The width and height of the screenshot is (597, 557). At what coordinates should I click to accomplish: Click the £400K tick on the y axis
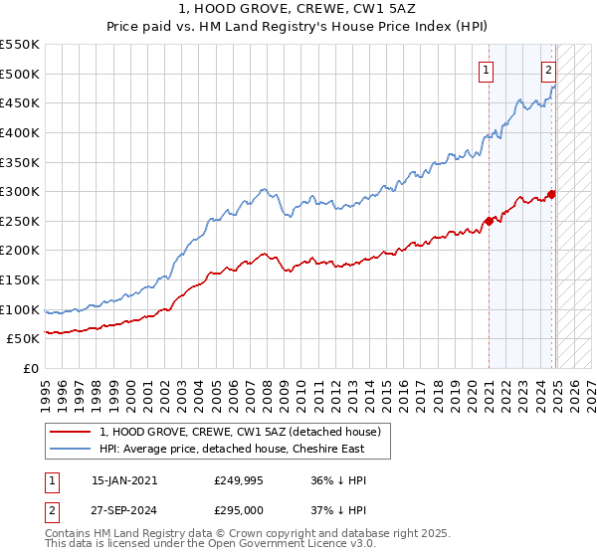22,132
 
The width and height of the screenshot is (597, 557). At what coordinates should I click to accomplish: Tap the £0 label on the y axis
33,369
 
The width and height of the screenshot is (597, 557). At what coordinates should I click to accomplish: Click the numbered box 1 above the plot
487,70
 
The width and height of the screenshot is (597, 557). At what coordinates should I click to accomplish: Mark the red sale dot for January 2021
489,221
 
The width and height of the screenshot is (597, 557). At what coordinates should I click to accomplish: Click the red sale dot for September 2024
552,194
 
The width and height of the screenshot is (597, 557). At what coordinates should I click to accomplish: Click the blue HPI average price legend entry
231,449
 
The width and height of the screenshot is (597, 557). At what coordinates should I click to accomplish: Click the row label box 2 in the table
51,510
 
